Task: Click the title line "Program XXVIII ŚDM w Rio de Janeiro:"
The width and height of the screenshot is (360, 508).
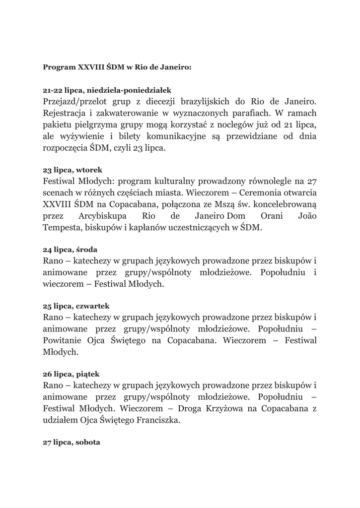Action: point(117,66)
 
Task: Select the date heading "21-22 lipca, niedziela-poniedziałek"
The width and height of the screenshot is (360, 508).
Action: point(107,90)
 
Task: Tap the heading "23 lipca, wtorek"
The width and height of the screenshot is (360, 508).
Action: point(72,170)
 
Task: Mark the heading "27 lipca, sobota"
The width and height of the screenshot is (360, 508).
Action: point(72,441)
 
